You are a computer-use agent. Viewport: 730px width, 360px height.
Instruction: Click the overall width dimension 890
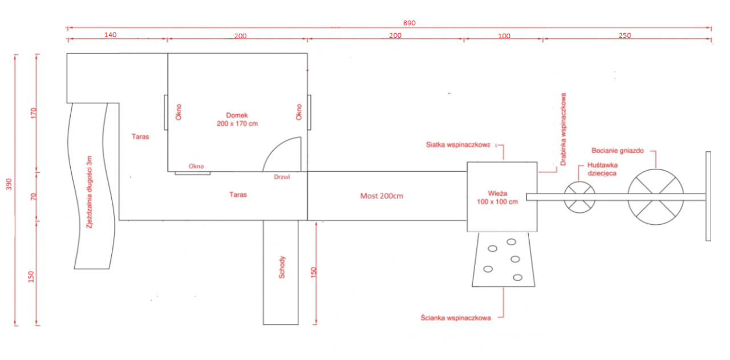point(409,23)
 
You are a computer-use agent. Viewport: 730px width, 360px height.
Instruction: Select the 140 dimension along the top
point(111,35)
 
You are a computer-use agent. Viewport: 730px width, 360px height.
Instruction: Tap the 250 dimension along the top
point(625,35)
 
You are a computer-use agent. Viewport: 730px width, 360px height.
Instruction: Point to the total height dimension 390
point(9,184)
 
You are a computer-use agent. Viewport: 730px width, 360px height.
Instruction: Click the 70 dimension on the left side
point(34,197)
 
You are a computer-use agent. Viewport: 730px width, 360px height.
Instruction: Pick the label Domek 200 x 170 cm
point(237,119)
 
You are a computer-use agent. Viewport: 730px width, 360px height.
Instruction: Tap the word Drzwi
point(282,177)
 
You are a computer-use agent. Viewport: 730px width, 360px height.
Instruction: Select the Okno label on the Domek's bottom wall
point(196,166)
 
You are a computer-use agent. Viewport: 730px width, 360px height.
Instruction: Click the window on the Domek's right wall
point(309,112)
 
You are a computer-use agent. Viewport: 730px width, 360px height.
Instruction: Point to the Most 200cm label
point(382,196)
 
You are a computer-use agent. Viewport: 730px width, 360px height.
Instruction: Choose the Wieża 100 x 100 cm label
point(497,197)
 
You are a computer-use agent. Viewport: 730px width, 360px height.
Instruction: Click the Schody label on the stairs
point(282,268)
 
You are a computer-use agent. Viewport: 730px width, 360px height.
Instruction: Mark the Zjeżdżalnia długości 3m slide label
point(90,192)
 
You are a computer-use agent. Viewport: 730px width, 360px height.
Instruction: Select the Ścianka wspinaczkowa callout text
point(456,318)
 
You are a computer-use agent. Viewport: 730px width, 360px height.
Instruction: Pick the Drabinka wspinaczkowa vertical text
point(563,129)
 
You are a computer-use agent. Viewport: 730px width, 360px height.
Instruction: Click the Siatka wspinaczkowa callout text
point(458,145)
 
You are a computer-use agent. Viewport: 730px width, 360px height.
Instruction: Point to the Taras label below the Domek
point(238,195)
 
